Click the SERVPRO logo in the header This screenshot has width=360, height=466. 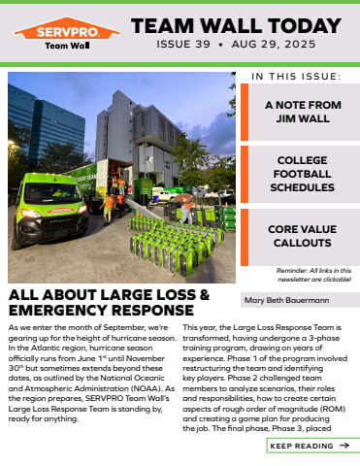pyautogui.click(x=67, y=35)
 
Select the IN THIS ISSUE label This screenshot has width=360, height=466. pyautogui.click(x=296, y=76)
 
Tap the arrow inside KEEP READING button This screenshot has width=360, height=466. pyautogui.click(x=344, y=446)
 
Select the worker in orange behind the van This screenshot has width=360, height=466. pyautogui.click(x=108, y=203)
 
